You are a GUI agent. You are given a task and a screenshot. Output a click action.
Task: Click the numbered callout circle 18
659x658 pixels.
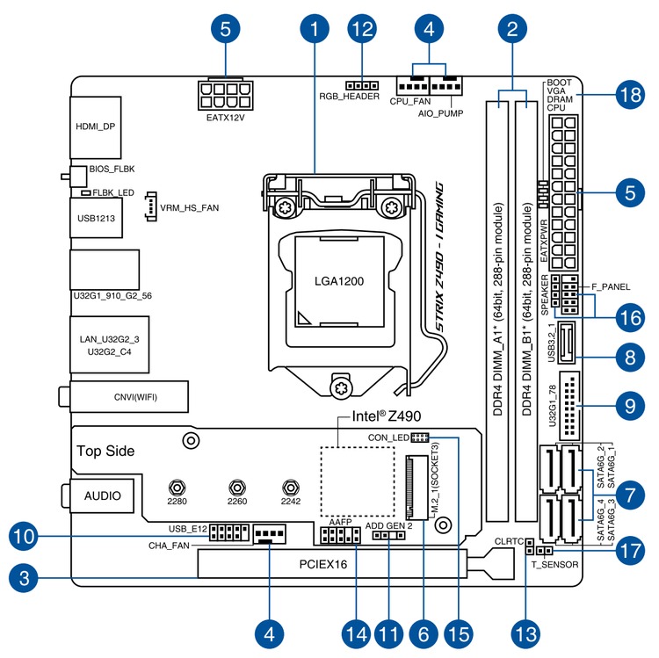point(626,95)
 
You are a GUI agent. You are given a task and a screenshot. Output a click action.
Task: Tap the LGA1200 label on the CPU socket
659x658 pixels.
point(339,282)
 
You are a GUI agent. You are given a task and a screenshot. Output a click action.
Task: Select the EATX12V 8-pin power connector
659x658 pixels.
point(226,93)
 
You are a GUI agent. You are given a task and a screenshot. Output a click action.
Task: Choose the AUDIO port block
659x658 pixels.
point(103,496)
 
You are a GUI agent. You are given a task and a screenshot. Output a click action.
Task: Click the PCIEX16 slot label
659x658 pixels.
point(329,565)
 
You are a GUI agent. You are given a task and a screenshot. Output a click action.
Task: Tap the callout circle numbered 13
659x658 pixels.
point(525,631)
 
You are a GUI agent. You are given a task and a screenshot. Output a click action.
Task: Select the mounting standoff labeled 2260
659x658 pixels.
point(235,486)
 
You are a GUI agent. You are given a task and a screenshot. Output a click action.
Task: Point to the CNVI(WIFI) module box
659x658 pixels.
point(130,396)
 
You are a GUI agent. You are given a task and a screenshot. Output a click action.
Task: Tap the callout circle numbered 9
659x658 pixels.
point(626,408)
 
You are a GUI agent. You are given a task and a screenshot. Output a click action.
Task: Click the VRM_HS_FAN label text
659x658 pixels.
point(189,209)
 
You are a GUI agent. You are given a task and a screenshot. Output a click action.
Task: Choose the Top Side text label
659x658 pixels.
point(105,451)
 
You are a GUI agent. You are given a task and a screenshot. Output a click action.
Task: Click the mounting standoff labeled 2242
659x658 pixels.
point(289,486)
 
